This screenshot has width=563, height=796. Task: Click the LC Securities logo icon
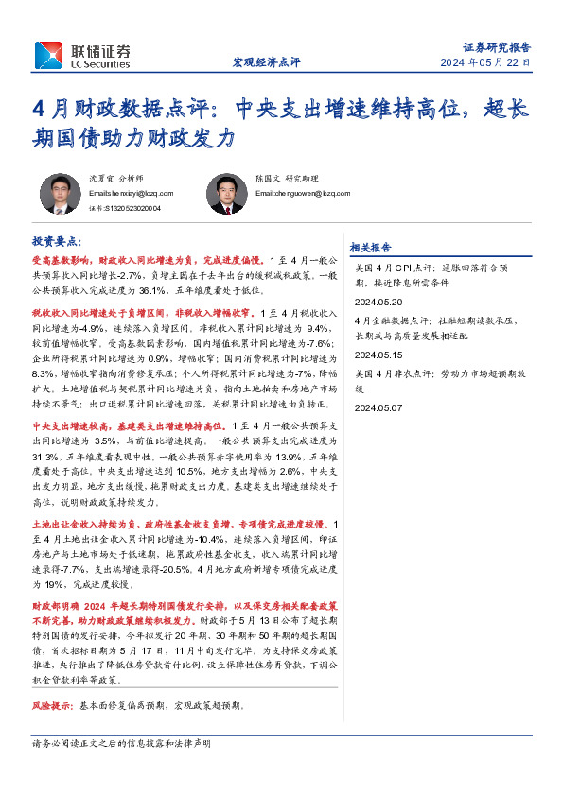pyautogui.click(x=47, y=54)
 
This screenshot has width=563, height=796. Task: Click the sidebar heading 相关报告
pyautogui.click(x=370, y=248)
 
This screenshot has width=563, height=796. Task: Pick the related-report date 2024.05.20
pyautogui.click(x=378, y=303)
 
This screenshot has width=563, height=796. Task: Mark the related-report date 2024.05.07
pyautogui.click(x=378, y=407)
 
